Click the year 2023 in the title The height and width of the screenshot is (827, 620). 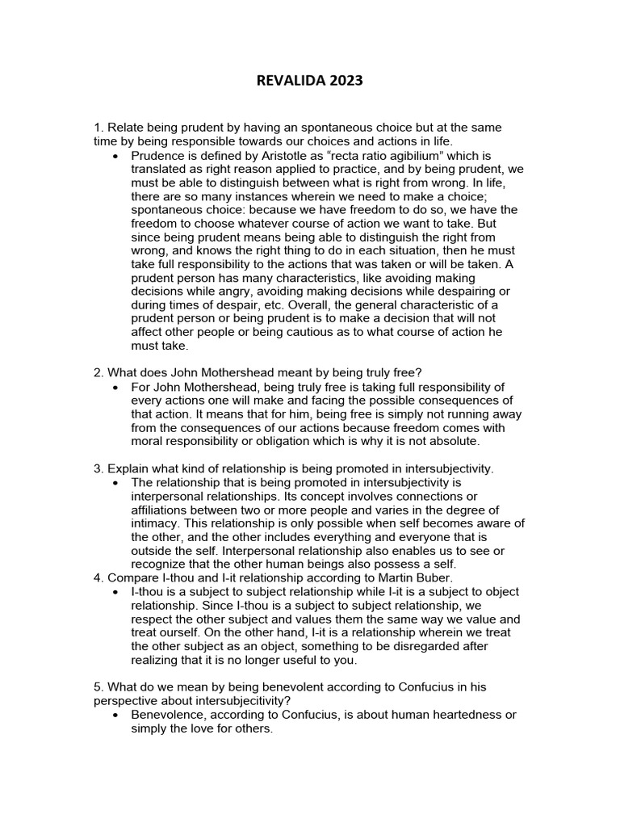tap(342, 81)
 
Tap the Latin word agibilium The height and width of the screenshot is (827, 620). tap(404, 155)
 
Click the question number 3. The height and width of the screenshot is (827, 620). tap(98, 469)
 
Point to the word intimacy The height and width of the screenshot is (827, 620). tap(156, 523)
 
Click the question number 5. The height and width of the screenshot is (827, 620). tap(98, 686)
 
